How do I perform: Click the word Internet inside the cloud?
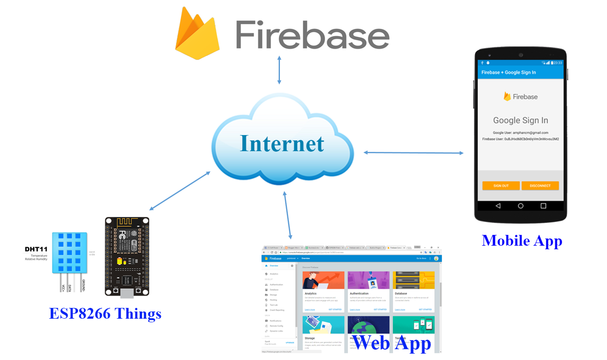pos(282,144)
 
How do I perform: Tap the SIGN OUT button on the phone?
pos(501,186)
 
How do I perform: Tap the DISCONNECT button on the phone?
pos(540,186)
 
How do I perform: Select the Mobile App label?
pos(522,241)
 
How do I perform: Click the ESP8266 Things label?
pos(105,314)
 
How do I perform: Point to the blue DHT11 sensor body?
pos(69,252)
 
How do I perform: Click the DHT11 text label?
pos(36,249)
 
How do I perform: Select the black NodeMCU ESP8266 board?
pos(127,256)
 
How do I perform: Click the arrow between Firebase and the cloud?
pos(279,70)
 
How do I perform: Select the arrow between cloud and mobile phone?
pos(413,153)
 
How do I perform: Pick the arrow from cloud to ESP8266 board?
pos(180,191)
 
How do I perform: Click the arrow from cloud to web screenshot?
pos(287,215)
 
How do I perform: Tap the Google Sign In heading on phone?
pos(520,120)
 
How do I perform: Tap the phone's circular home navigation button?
pos(520,206)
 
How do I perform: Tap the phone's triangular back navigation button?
pos(498,206)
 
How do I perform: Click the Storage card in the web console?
pos(323,332)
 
